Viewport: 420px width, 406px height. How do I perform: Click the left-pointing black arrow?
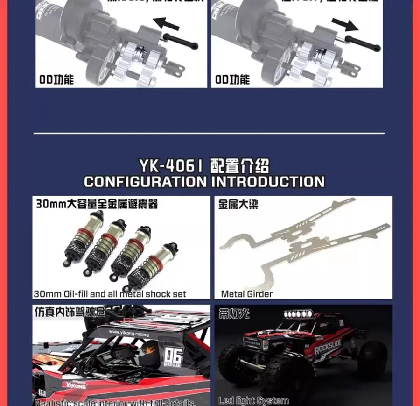point(167,22)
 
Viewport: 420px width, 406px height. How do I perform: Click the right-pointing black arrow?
point(345,24)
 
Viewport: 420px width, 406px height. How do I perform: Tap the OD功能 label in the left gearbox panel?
point(56,79)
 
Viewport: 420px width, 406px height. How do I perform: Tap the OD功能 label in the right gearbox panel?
point(232,79)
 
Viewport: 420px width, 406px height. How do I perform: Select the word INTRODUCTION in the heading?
point(268,182)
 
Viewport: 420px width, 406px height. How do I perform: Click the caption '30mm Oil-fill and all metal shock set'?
point(110,294)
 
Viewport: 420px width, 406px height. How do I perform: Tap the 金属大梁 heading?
point(238,205)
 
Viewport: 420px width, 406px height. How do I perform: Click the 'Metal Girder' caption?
point(247,294)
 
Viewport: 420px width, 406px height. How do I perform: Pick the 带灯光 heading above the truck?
point(234,313)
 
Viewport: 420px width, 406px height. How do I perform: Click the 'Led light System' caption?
point(253,400)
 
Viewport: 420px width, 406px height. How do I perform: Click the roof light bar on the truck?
point(295,313)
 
